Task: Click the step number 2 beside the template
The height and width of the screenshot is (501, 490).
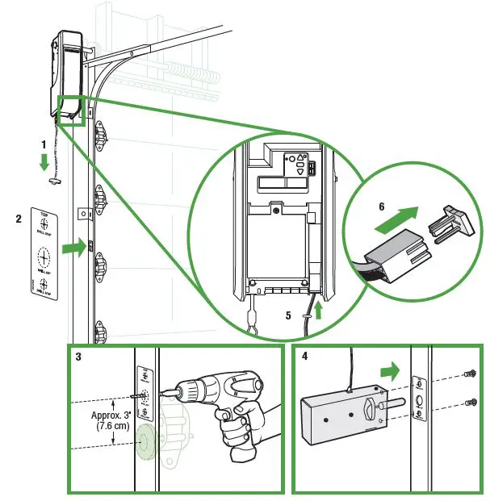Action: tap(18, 218)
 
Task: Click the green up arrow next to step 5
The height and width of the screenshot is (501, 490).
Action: tap(319, 309)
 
